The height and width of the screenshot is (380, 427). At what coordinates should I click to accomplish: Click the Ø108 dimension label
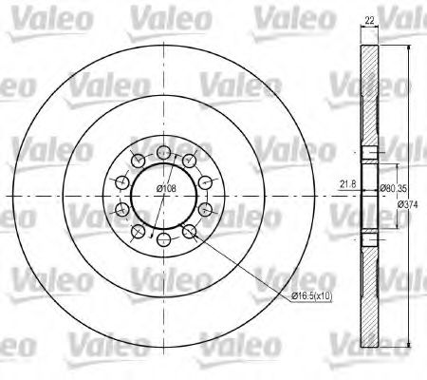point(166,188)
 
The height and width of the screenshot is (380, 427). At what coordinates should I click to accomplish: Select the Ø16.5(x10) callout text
point(311,296)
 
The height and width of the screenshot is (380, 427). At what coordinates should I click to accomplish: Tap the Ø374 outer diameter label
point(407,204)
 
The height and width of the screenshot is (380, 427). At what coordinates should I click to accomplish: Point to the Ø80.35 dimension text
point(393,188)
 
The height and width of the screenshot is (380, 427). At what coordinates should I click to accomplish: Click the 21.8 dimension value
point(347,184)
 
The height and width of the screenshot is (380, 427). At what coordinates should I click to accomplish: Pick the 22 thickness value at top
point(369,21)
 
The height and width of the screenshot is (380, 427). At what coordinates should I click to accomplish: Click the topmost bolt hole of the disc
point(163,152)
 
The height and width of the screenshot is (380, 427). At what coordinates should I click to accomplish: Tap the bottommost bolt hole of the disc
point(163,240)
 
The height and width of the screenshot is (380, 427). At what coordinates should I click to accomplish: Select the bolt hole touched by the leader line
point(189,232)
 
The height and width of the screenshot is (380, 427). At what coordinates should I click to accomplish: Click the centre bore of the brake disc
point(163,197)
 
